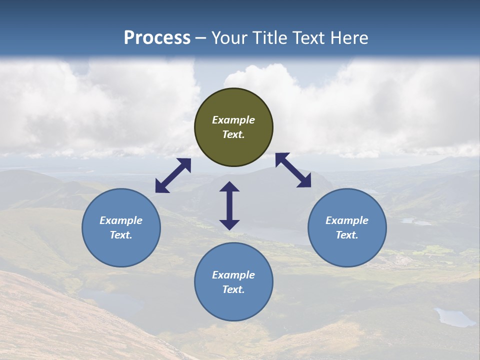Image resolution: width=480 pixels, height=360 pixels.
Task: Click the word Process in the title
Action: point(157,38)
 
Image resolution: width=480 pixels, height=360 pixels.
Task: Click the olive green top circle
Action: point(233,127)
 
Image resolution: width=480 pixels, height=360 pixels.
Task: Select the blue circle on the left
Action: point(121,227)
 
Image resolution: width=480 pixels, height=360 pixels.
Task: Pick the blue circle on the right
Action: point(347,227)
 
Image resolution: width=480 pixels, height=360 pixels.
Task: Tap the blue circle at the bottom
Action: point(233,282)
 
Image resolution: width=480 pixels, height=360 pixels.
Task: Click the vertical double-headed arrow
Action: point(229,205)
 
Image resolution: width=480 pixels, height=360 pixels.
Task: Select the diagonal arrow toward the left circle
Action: point(173,175)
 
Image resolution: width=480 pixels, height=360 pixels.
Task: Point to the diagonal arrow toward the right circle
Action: point(293,170)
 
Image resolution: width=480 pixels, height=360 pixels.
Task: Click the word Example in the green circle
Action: point(233,120)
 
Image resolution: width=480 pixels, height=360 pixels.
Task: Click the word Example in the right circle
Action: point(347,220)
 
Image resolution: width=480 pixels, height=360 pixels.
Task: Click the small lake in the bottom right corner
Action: point(454,317)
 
